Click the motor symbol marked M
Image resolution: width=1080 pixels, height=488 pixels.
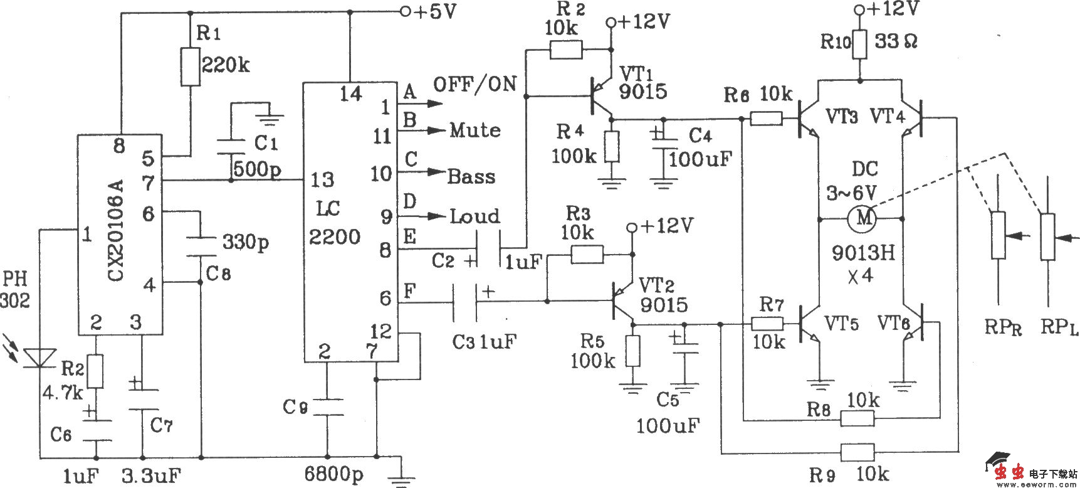863,218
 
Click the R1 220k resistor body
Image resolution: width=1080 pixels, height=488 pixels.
191,66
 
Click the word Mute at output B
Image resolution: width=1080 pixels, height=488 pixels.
475,130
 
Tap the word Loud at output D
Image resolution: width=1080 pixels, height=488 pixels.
475,217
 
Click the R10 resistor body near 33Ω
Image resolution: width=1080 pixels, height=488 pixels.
859,43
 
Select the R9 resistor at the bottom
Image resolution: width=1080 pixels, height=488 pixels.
857,452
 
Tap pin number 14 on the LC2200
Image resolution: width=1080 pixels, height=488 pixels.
350,95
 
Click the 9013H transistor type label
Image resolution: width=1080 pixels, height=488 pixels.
863,253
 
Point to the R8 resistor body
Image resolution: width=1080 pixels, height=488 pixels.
857,418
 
